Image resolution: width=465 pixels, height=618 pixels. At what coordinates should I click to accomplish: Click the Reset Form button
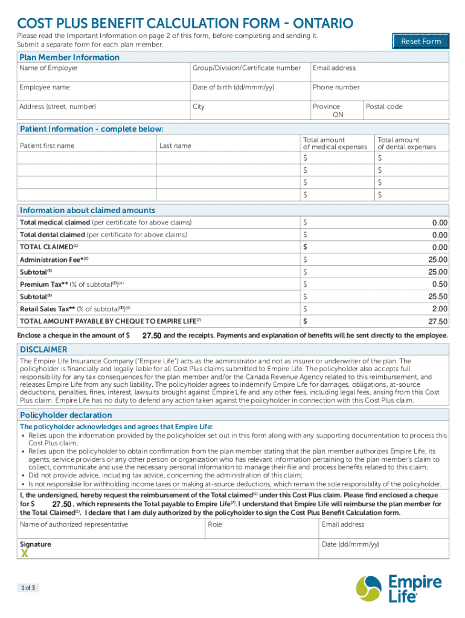click(x=421, y=41)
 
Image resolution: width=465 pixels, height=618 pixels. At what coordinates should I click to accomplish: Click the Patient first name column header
click(x=47, y=145)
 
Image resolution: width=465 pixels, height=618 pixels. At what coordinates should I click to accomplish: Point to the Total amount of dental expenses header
click(x=406, y=143)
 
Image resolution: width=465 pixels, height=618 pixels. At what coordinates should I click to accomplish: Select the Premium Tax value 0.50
click(x=440, y=284)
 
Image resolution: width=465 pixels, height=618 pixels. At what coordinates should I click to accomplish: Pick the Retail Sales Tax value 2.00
click(x=440, y=309)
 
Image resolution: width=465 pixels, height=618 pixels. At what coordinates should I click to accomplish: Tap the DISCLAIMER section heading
click(x=43, y=349)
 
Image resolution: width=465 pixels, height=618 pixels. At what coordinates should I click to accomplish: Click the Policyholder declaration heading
click(x=66, y=415)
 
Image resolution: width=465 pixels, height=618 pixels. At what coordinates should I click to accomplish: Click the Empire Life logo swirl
click(x=370, y=588)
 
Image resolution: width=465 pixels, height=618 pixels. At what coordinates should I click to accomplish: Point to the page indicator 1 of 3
click(x=28, y=588)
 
